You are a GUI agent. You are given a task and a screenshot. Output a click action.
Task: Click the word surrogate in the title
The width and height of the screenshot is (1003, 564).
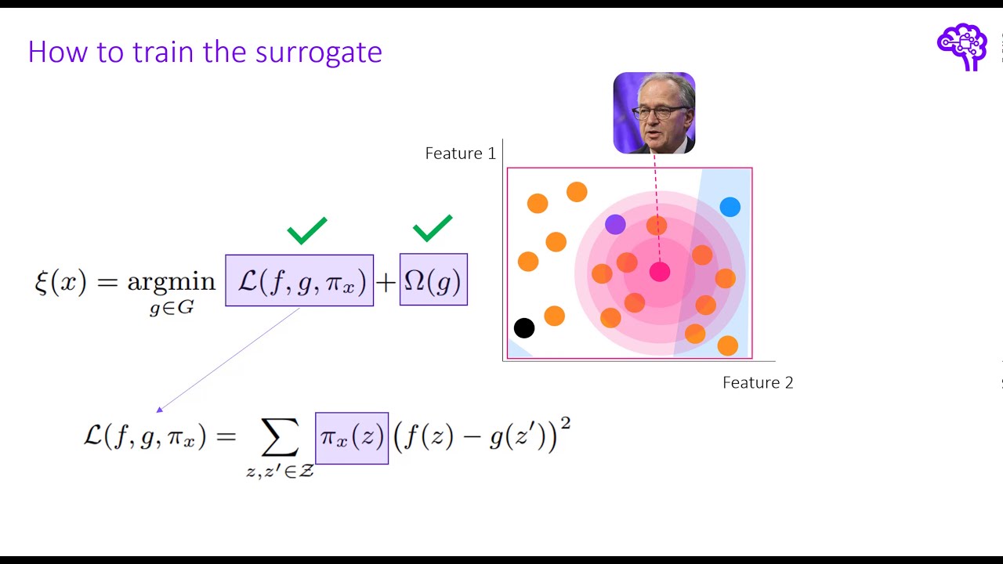tap(319, 53)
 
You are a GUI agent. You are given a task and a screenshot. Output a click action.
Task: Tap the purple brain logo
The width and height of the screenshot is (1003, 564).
tap(961, 46)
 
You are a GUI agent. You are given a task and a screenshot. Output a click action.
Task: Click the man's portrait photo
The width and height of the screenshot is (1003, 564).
tap(654, 113)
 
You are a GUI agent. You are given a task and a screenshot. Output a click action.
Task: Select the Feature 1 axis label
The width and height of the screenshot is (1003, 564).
tap(460, 154)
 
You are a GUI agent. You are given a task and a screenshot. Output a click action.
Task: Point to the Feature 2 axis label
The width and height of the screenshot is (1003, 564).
tap(758, 382)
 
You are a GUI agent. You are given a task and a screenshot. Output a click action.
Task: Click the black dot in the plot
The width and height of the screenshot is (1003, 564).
tap(524, 328)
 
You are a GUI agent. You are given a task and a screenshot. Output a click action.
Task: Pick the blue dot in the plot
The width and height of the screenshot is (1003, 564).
tap(730, 207)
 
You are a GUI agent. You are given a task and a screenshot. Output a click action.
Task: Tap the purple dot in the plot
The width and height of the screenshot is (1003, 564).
tap(615, 225)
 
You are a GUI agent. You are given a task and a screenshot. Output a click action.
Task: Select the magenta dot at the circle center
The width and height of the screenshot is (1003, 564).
tap(660, 272)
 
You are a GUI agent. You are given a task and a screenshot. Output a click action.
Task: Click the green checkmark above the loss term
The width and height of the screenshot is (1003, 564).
tap(306, 230)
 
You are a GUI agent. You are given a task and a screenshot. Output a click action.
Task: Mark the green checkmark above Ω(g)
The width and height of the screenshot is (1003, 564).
tap(433, 227)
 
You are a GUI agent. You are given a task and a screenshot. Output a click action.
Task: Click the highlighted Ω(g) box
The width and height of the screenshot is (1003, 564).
tap(433, 280)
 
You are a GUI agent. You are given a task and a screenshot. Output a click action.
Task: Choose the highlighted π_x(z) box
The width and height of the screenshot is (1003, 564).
tap(352, 438)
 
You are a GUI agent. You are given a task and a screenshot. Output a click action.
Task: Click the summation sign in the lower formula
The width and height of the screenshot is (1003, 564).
tap(280, 439)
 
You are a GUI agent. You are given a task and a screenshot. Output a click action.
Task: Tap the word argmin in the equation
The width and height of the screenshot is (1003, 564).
tap(171, 281)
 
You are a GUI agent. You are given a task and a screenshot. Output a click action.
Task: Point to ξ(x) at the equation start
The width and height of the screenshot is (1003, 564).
tap(60, 280)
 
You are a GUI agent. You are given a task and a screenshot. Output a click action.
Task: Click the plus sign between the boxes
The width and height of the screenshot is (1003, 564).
tap(386, 282)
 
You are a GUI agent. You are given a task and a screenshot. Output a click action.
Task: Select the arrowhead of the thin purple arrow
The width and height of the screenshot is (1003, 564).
tap(160, 409)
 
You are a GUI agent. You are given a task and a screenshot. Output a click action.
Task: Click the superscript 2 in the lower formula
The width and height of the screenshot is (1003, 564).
tap(566, 424)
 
